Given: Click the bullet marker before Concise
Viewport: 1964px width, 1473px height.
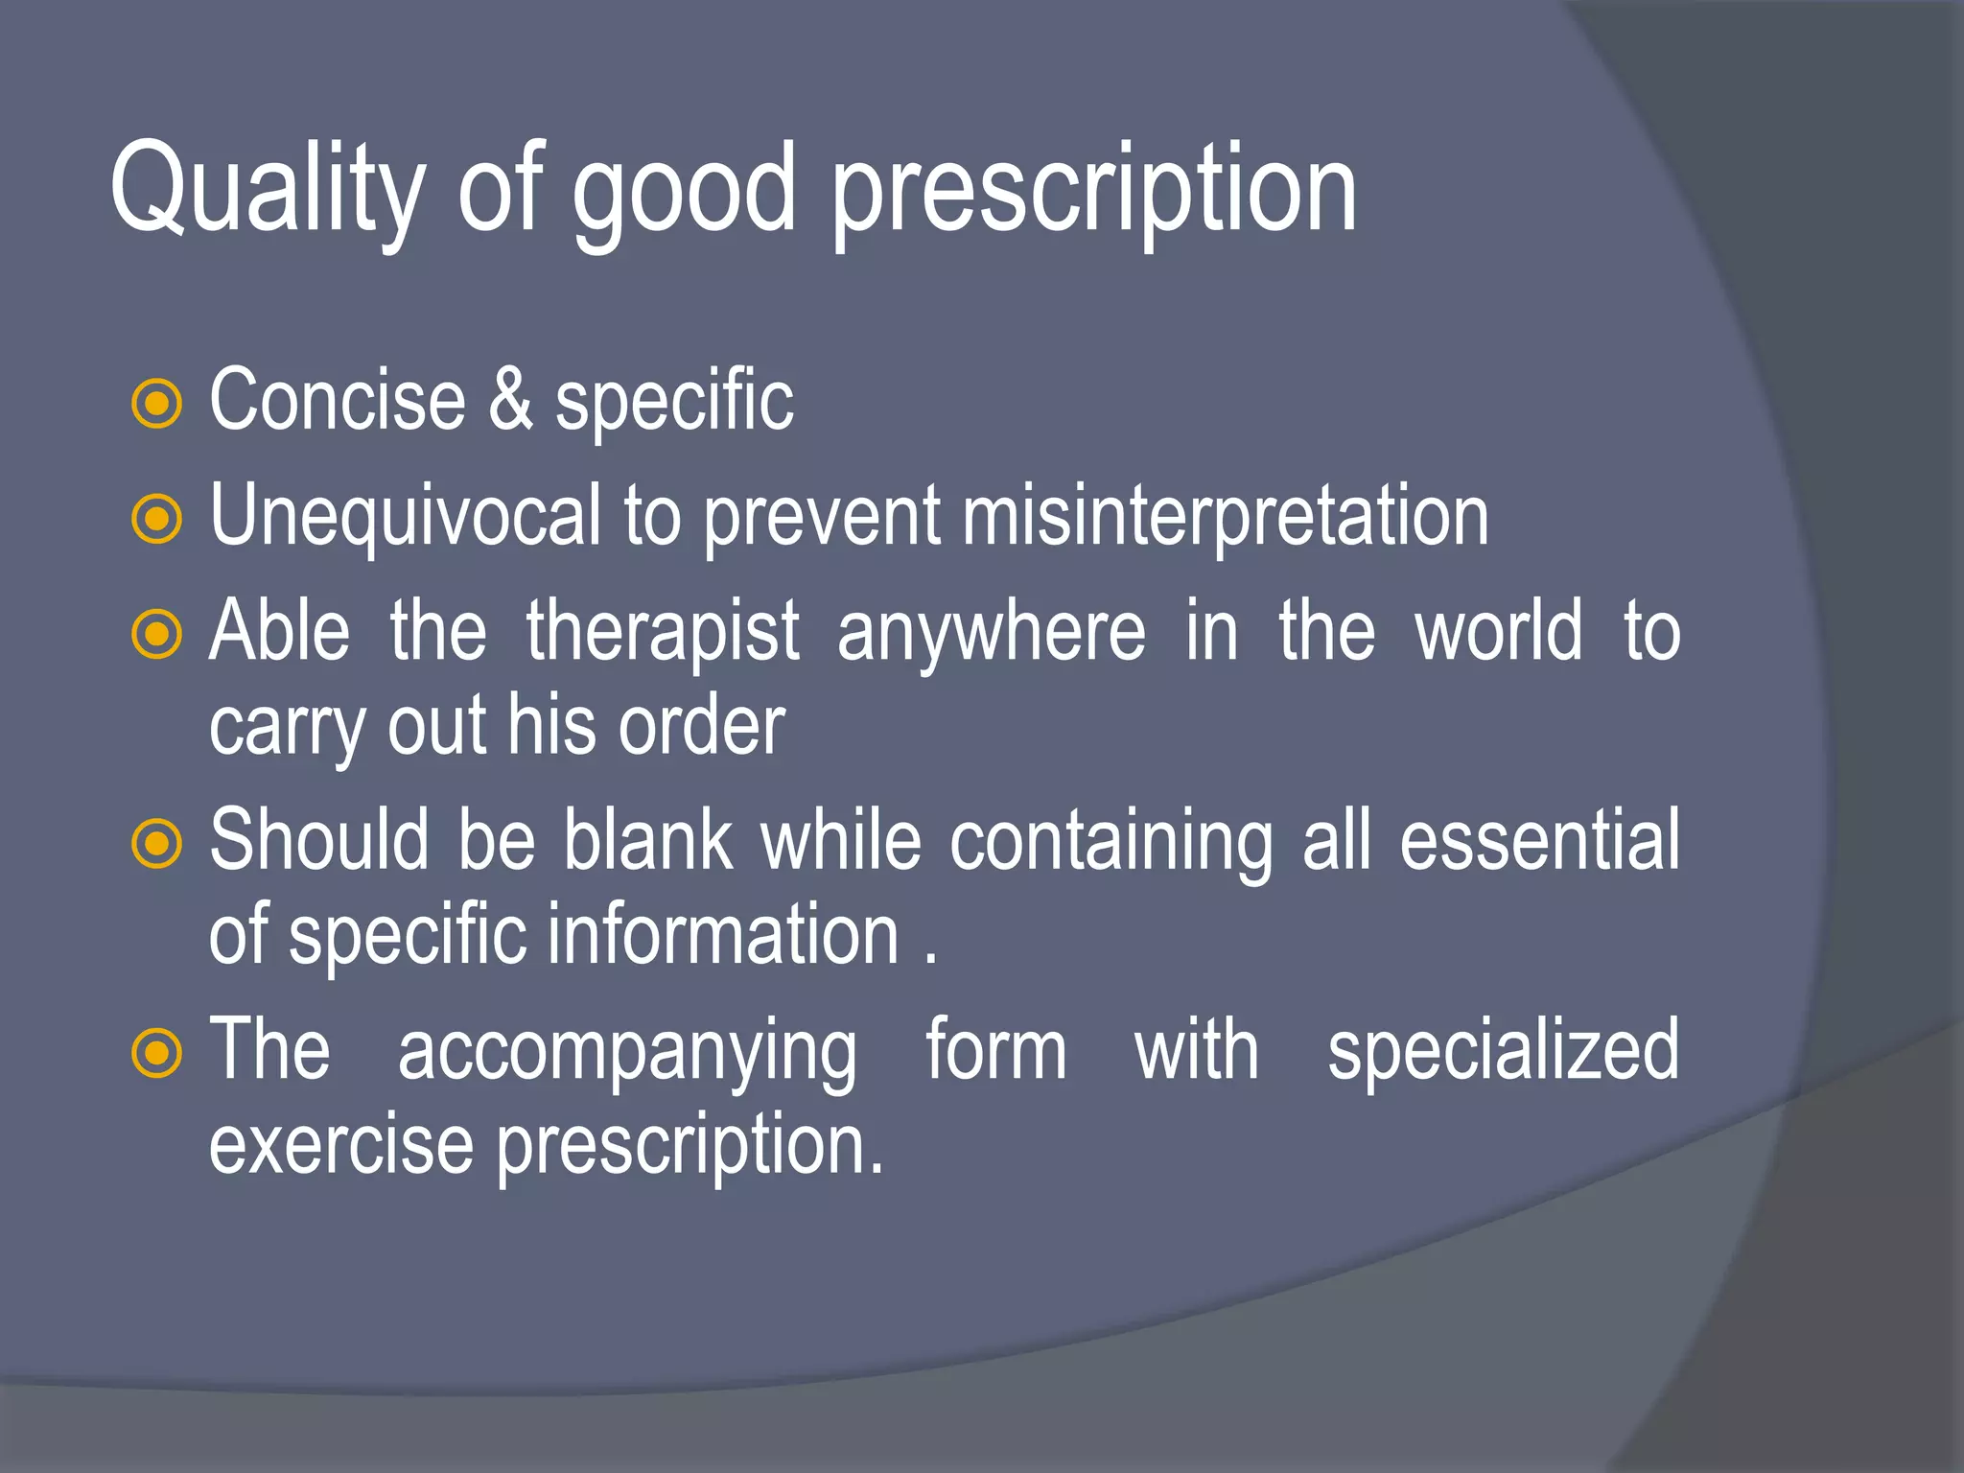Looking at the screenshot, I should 156,404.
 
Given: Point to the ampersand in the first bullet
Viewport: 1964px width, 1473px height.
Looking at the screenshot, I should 510,400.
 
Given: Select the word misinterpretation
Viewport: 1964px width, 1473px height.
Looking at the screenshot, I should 1225,518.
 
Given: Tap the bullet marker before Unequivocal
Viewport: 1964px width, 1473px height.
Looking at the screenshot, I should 156,519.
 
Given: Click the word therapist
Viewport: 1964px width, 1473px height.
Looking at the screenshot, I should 663,633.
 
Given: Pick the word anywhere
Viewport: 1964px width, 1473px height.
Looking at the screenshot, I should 991,633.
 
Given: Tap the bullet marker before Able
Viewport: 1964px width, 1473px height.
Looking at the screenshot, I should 156,634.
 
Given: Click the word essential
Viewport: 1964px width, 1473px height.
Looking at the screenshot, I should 1539,840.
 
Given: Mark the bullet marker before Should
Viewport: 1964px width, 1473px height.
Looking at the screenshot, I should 156,844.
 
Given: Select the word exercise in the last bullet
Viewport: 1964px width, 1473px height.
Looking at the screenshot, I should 341,1146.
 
